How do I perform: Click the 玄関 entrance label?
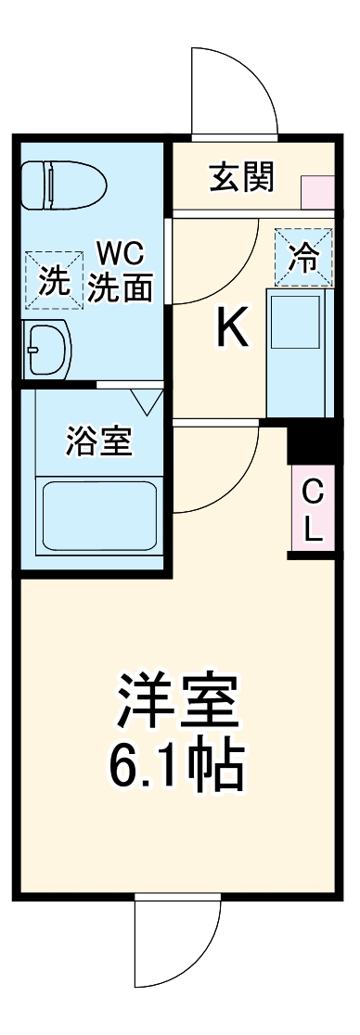coord(240,177)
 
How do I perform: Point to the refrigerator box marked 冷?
coord(303,256)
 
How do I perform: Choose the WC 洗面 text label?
coord(120,271)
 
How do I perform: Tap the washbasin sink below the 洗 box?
coord(47,350)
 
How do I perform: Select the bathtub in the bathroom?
coord(97,517)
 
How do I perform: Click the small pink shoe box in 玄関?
coord(316,191)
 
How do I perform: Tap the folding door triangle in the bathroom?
coord(147,401)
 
